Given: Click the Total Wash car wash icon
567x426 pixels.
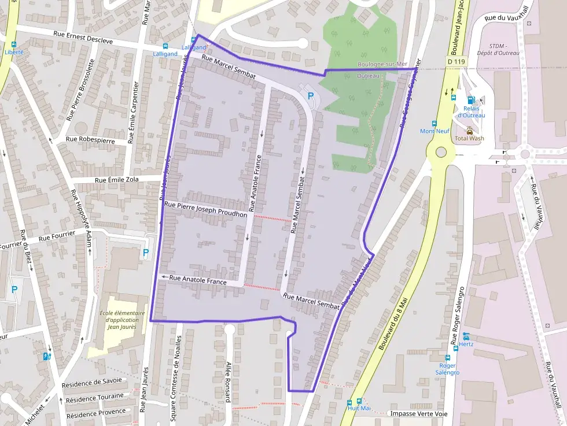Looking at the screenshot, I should point(469,131).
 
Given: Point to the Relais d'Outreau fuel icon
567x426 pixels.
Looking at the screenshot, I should point(470,101).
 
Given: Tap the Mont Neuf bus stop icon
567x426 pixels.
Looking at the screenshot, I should point(434,124).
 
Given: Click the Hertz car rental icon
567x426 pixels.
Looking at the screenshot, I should point(466,336).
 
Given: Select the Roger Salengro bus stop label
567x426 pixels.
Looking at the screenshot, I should point(448,369).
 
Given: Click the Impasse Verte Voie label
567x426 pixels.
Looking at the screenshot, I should point(419,414).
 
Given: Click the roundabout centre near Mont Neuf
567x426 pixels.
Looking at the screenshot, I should point(441,153).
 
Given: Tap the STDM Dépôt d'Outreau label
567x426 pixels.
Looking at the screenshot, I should point(504,50).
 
